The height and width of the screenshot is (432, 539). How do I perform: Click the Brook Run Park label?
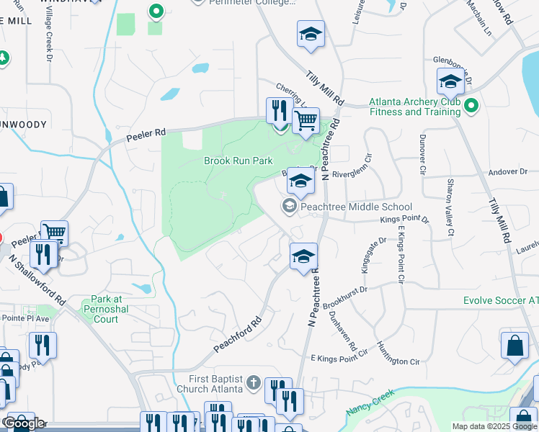[238, 161]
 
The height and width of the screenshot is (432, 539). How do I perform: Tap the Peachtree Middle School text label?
[356, 207]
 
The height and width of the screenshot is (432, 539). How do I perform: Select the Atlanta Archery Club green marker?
[471, 107]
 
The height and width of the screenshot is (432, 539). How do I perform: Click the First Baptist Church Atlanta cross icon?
[253, 383]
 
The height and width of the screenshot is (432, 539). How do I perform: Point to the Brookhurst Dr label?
[344, 296]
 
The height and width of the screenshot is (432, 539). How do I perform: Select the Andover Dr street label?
[508, 172]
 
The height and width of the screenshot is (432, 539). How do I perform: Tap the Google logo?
[24, 423]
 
